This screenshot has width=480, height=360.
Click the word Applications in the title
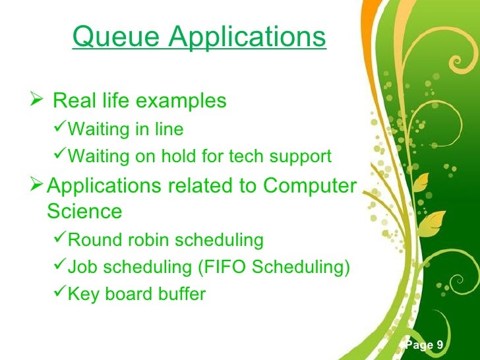point(247,38)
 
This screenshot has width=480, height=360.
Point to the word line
point(169,129)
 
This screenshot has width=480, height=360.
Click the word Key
point(82,294)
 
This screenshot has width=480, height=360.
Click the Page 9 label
point(425,345)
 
